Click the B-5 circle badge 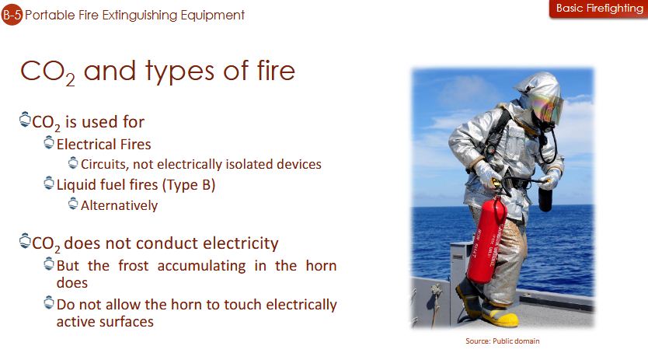tap(12, 15)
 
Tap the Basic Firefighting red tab tap(599, 9)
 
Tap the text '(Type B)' tap(189, 184)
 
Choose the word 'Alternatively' tap(119, 205)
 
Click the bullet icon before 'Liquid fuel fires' tap(49, 183)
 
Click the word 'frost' tap(133, 266)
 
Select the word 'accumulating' tap(202, 266)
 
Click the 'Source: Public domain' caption tap(502, 341)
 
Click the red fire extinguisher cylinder tap(487, 241)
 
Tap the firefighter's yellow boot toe tap(505, 320)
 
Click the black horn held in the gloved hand tap(545, 198)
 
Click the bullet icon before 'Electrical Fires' tap(49, 143)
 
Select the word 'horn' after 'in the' tap(321, 266)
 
